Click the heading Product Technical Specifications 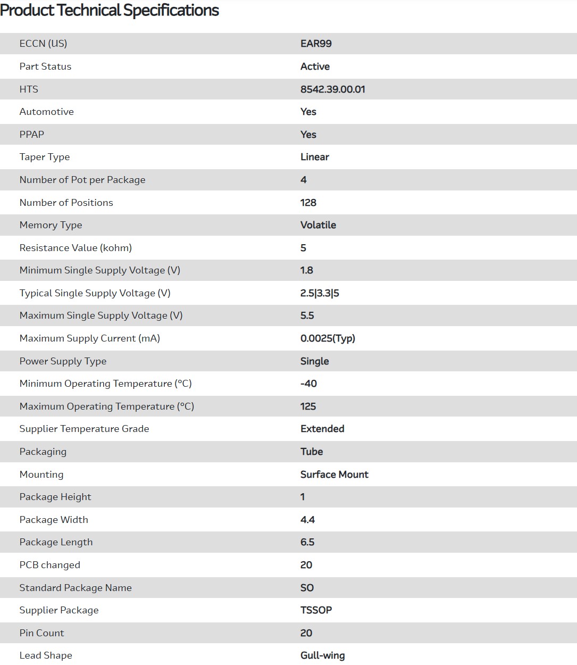tap(110, 11)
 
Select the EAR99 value tap(316, 44)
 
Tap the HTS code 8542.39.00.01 tap(333, 89)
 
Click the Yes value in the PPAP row tap(308, 135)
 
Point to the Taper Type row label tap(45, 157)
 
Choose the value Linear tap(315, 157)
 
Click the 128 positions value tap(308, 203)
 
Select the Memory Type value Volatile tap(318, 225)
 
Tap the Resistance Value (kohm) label tap(76, 248)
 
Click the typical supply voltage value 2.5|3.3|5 tap(320, 293)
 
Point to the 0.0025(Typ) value tap(328, 338)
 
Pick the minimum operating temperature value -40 tap(308, 384)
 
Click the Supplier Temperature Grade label tap(84, 429)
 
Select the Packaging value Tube tap(312, 452)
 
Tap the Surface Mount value tap(335, 475)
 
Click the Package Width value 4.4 tap(308, 520)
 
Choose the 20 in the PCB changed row tap(306, 565)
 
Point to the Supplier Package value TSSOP tap(316, 610)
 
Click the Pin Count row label tap(41, 633)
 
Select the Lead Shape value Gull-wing tap(323, 655)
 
